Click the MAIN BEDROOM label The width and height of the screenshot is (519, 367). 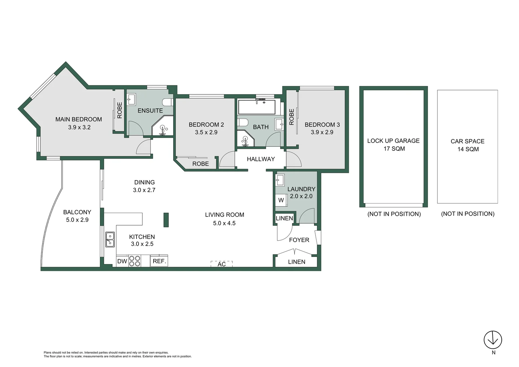point(78,119)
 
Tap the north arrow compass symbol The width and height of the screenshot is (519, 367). point(493,339)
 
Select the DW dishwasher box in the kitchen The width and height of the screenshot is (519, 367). point(122,261)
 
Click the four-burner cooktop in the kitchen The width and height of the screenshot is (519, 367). point(135,261)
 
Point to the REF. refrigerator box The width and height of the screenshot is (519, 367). point(159,261)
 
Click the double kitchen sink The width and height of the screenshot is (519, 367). point(110,239)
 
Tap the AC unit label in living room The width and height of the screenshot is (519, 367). point(221,264)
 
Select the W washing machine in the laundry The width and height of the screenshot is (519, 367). point(281,200)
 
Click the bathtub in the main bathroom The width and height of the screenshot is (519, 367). point(257,107)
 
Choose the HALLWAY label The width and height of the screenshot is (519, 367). point(261,159)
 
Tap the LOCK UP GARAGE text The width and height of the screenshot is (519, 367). point(393,141)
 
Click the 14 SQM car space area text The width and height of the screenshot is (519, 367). point(468,149)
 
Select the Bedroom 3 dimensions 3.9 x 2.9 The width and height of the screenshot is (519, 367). point(322,132)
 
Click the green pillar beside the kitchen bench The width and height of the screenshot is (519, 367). point(166,220)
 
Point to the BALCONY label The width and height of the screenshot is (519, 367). point(77,212)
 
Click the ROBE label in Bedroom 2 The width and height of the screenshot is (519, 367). point(200,164)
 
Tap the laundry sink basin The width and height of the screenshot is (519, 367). point(280,180)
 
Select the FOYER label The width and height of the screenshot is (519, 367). point(299,240)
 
